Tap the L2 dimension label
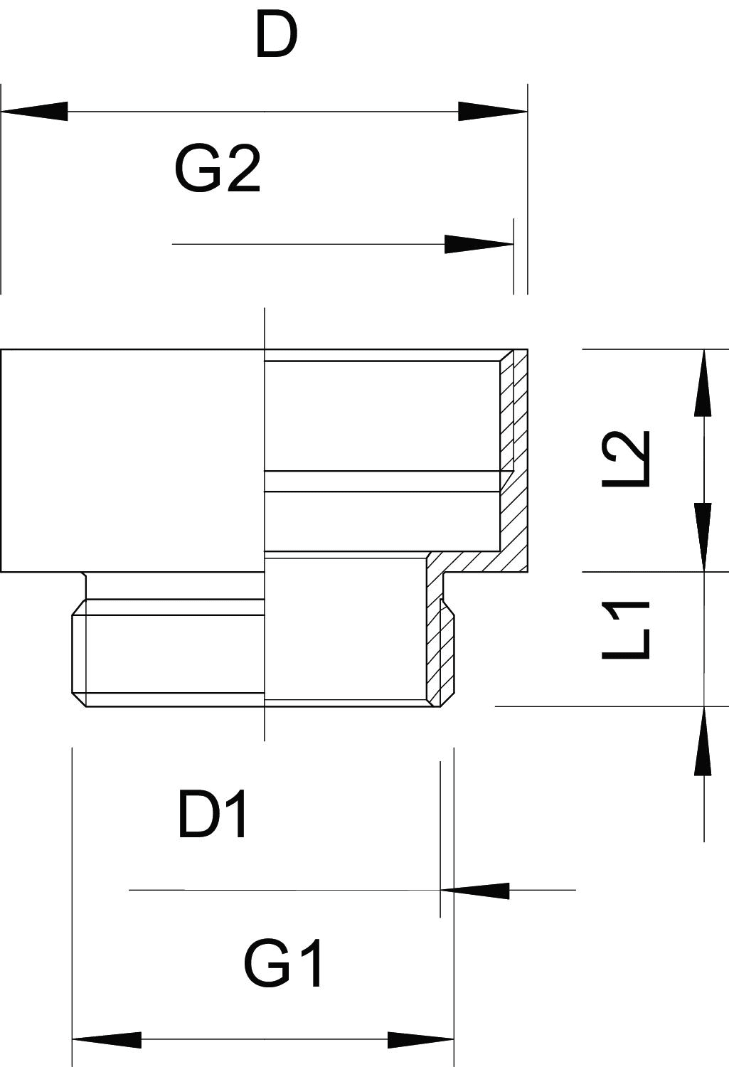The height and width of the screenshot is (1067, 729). pos(627,458)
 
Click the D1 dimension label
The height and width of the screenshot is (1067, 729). pos(213,816)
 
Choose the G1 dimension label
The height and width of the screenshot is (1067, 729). pos(284,965)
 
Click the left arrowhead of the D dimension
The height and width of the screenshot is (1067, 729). pos(36,112)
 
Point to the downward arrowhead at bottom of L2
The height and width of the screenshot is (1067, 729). pos(703,537)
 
